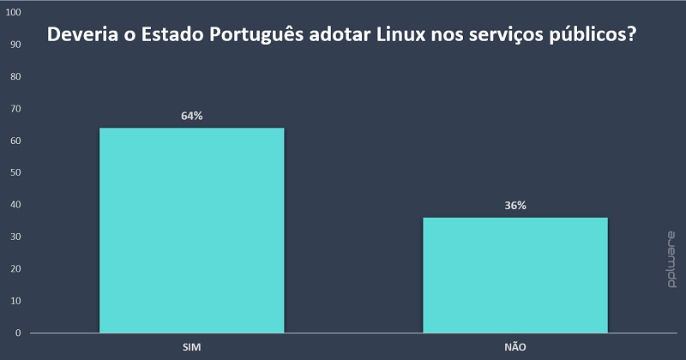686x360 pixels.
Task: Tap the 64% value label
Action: coord(192,116)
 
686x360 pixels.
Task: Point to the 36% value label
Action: coord(515,206)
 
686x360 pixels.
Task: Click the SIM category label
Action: coord(192,347)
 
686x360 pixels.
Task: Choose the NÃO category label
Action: coord(515,347)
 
